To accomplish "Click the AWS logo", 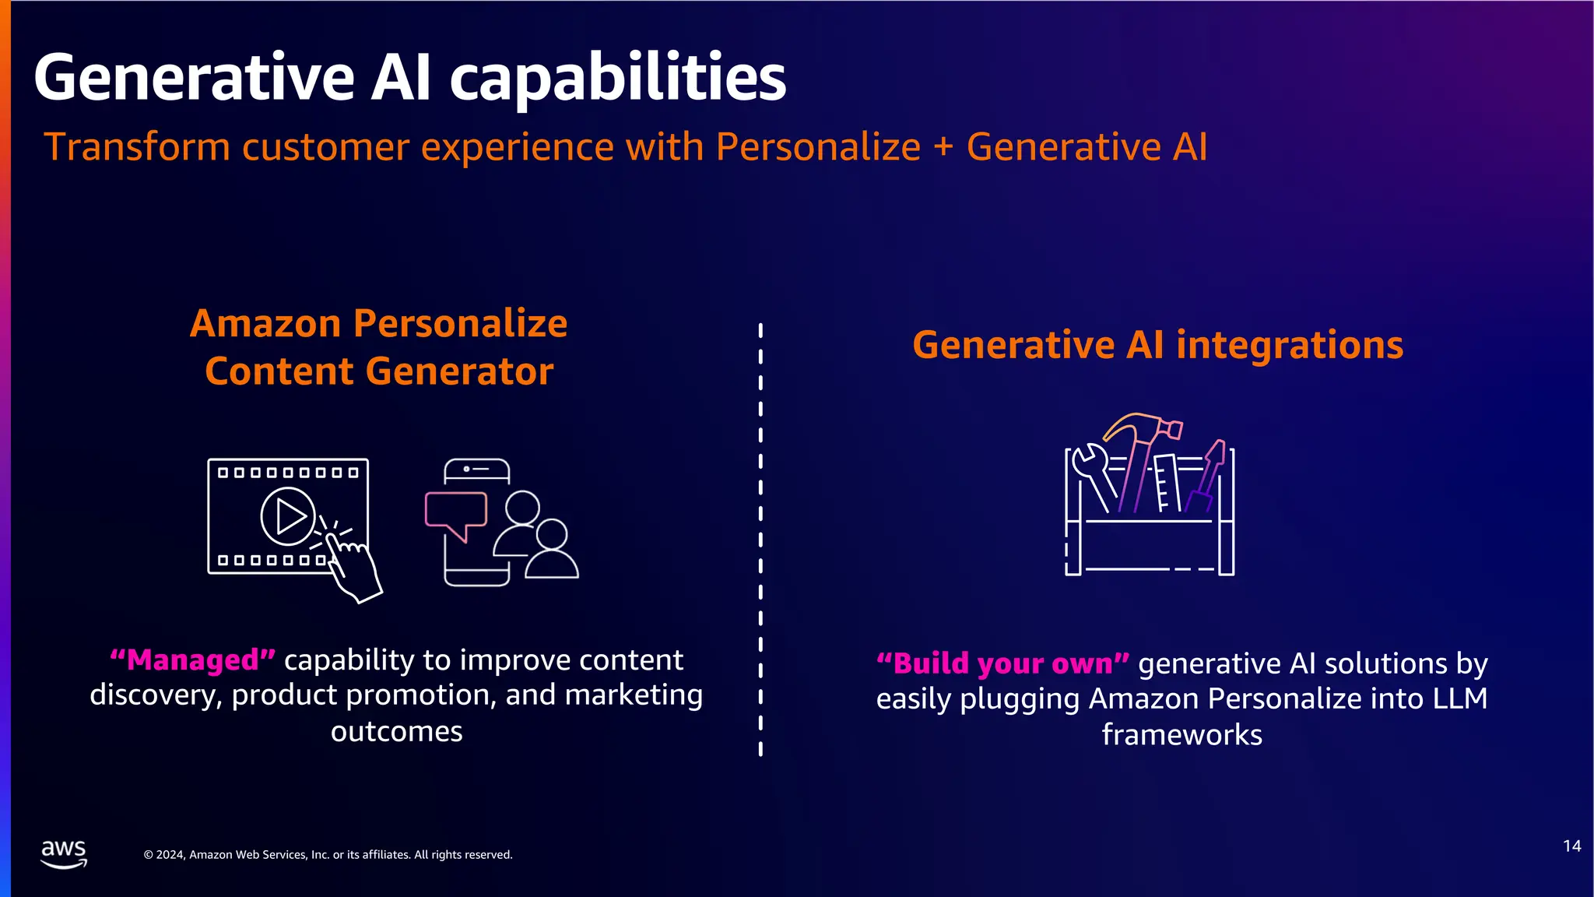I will pyautogui.click(x=63, y=853).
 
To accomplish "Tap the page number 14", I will pyautogui.click(x=1571, y=846).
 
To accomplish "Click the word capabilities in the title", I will pyautogui.click(x=618, y=78).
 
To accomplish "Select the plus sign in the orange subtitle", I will pyautogui.click(x=943, y=146).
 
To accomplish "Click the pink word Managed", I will pyautogui.click(x=192, y=660).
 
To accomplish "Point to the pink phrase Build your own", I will pyautogui.click(x=1002, y=663).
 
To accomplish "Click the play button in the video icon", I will pyautogui.click(x=288, y=515).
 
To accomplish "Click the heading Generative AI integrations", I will pyautogui.click(x=1157, y=344).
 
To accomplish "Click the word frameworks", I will pyautogui.click(x=1181, y=734).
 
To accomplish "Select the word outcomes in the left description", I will pyautogui.click(x=396, y=731).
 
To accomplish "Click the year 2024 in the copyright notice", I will pyautogui.click(x=170, y=855).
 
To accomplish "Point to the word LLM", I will pyautogui.click(x=1460, y=698).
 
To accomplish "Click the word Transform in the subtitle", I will pyautogui.click(x=137, y=146).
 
